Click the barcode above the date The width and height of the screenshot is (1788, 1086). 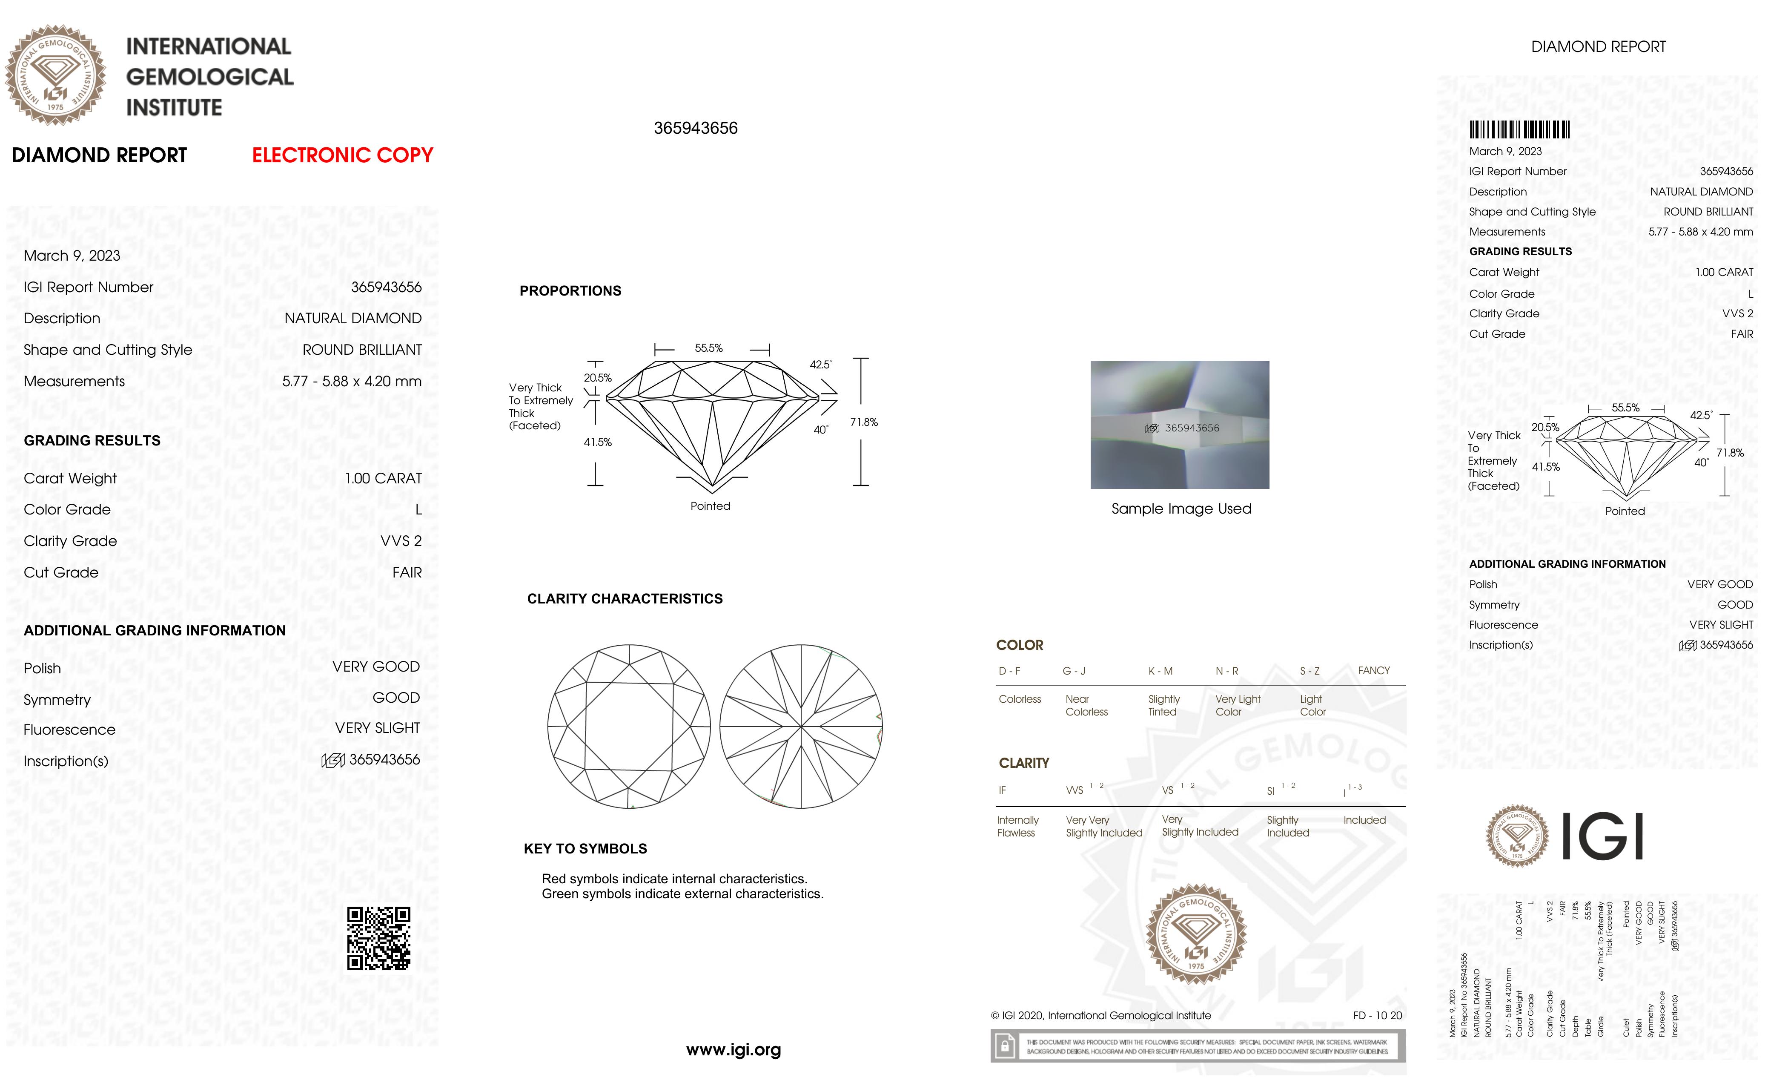[x=1519, y=130]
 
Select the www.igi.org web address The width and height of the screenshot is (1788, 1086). [x=733, y=1050]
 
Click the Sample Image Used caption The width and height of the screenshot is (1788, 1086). [x=1181, y=509]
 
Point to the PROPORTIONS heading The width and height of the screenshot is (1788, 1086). [x=570, y=291]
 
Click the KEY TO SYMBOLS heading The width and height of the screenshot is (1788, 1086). [x=585, y=849]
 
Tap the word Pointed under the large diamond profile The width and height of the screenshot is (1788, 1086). [x=710, y=506]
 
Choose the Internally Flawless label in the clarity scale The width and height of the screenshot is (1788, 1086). [x=1017, y=826]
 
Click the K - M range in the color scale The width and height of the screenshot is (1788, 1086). [x=1160, y=671]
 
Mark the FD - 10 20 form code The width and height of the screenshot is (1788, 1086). [x=1377, y=1016]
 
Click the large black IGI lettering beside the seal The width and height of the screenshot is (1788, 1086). [x=1602, y=836]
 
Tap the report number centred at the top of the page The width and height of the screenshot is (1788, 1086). [x=695, y=129]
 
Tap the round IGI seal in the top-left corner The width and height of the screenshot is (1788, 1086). [x=56, y=75]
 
